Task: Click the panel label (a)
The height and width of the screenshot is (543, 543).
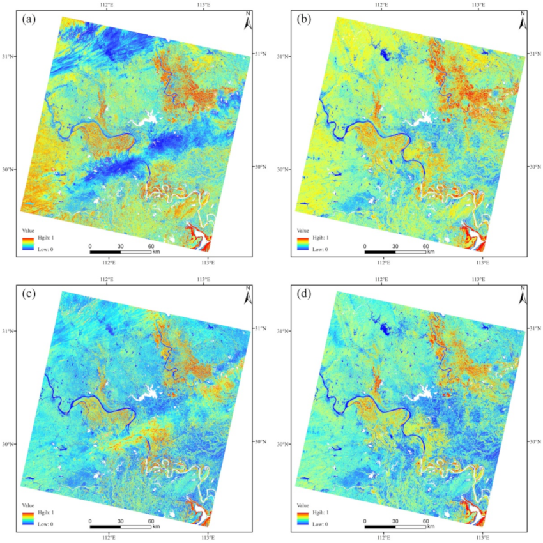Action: [28, 19]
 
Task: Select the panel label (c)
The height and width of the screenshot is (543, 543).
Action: [28, 294]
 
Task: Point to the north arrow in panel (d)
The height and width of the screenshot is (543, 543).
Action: [523, 297]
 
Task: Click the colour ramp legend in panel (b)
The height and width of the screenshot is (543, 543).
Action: [303, 243]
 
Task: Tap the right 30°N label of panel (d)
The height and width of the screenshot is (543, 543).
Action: [535, 441]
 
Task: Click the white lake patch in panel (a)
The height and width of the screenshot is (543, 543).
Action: [146, 118]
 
